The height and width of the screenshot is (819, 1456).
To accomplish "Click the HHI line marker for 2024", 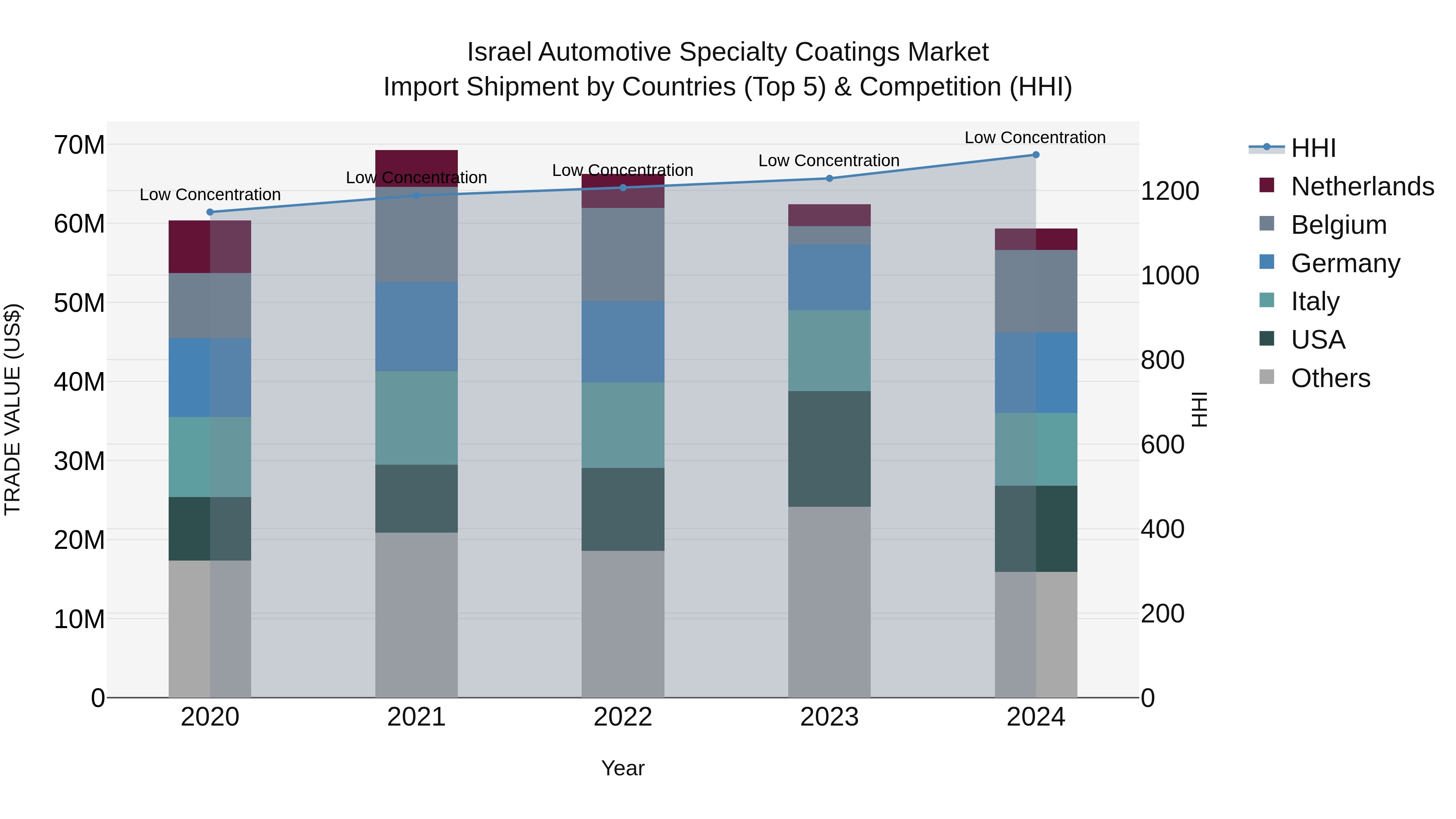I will (x=1035, y=154).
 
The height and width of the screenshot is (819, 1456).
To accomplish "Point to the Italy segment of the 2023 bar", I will (x=829, y=350).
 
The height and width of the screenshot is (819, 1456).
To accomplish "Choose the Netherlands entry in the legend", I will (x=1362, y=186).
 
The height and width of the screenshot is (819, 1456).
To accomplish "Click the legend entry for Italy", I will (x=1315, y=301).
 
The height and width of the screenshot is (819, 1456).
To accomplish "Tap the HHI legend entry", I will (x=1313, y=148).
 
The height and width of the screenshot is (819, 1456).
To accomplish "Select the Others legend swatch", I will (x=1267, y=377).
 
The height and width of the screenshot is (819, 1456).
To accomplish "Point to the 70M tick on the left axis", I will (x=79, y=145).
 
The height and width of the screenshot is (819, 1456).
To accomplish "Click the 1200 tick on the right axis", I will (x=1169, y=191).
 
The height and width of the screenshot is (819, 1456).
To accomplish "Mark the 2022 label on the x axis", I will (x=622, y=717).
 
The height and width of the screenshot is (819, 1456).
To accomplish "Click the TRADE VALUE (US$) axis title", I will (x=13, y=409).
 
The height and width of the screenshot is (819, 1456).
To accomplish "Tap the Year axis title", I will (x=622, y=768).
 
